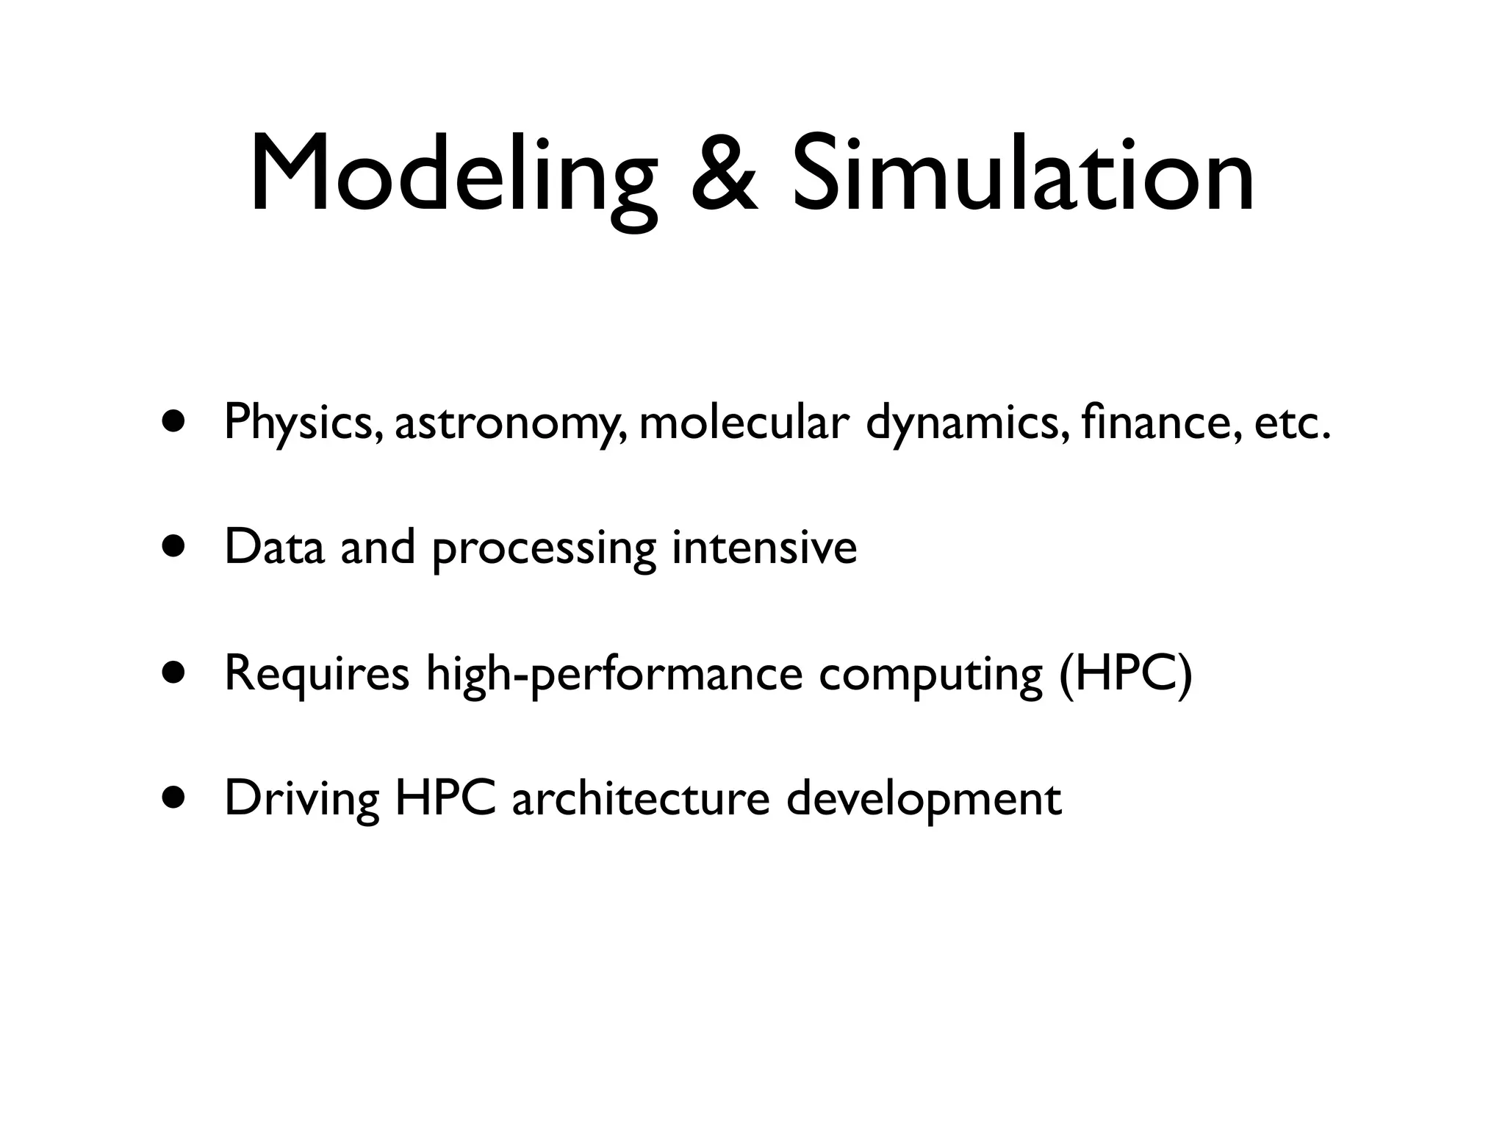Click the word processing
[x=544, y=550]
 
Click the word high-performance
[x=614, y=674]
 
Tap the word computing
[x=930, y=675]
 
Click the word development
[x=924, y=800]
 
